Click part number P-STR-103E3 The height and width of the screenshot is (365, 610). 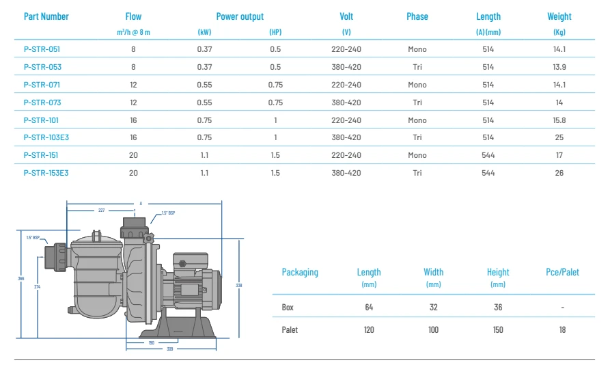(46, 137)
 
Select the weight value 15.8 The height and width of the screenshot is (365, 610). (559, 120)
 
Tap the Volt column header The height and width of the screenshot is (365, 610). (346, 16)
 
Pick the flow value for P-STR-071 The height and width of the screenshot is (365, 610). (134, 85)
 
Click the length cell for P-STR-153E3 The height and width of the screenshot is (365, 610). (488, 173)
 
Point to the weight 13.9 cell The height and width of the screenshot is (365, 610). (559, 67)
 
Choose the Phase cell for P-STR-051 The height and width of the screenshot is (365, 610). (417, 49)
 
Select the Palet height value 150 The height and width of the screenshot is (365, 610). (498, 330)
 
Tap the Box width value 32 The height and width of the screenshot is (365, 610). (433, 308)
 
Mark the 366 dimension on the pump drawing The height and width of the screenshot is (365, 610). (21, 278)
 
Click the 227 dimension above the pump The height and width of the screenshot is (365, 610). (101, 211)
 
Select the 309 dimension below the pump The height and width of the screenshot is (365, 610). (170, 349)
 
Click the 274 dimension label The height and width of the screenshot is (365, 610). (37, 287)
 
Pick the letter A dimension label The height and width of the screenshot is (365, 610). (141, 204)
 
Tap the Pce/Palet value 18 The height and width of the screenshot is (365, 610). (562, 330)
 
